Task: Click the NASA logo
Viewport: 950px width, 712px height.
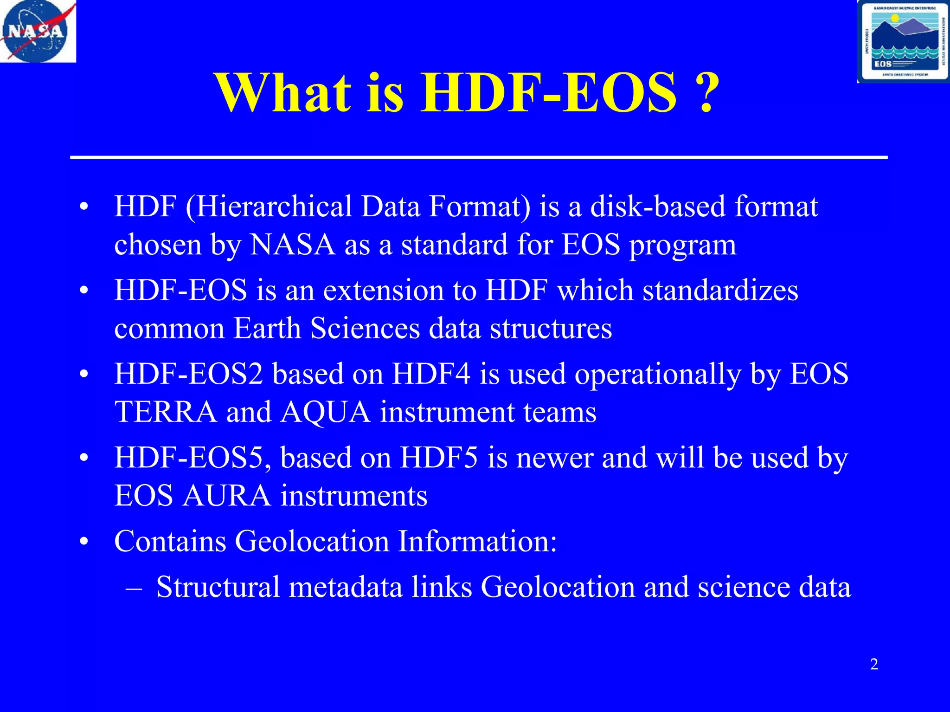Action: tap(37, 31)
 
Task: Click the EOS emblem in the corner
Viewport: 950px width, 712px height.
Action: tap(903, 42)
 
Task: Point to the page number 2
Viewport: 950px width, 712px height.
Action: tap(874, 664)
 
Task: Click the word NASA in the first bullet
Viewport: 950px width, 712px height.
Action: tap(292, 245)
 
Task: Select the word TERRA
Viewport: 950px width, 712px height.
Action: tap(166, 412)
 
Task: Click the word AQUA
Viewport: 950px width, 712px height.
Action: tap(326, 412)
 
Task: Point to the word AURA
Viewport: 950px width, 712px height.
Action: tap(226, 496)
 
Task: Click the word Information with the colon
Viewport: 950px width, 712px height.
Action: tap(477, 541)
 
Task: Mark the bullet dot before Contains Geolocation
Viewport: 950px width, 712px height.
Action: tap(83, 542)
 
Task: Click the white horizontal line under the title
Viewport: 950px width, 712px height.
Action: tap(478, 158)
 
